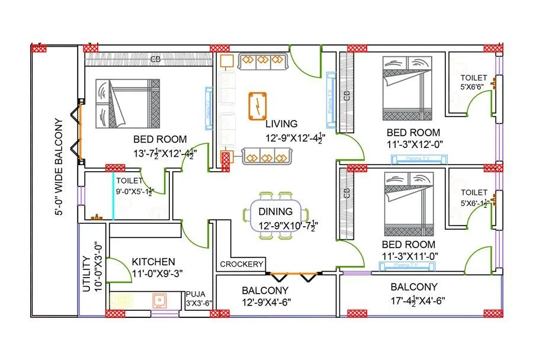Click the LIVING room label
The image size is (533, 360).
pos(281,124)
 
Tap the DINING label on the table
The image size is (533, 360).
pos(275,211)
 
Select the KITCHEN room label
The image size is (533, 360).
pos(153,262)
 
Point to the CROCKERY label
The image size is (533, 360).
pos(241,264)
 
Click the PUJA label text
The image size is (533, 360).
pos(195,294)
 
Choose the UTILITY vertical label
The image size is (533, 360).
pos(87,274)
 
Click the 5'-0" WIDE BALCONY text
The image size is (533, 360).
pos(59,168)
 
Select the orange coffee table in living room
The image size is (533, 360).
pos(258,106)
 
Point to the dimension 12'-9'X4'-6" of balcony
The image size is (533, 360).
pos(265,302)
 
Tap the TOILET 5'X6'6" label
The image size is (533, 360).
pos(474,82)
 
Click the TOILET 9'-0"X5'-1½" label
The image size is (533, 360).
pos(136,186)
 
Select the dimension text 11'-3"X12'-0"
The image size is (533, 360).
pos(415,143)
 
